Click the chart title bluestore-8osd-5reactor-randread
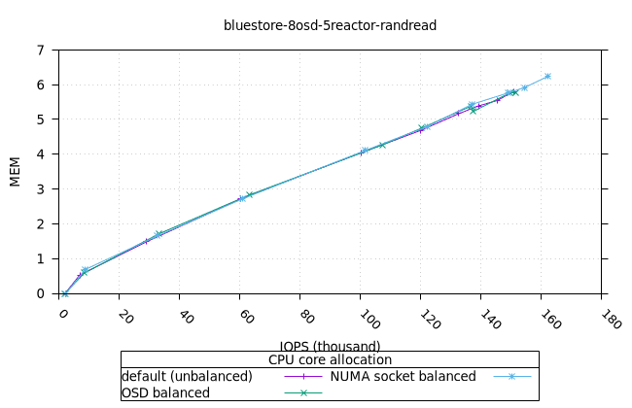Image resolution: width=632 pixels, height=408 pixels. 330,25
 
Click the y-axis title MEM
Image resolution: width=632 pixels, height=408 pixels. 15,171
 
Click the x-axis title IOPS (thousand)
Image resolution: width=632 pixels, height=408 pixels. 330,346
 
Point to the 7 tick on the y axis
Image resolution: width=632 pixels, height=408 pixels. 40,50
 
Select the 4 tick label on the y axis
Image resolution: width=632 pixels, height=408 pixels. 40,153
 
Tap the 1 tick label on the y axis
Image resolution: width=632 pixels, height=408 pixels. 40,258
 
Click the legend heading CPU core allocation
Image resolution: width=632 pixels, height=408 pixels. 330,359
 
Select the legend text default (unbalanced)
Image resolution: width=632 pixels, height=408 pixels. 187,376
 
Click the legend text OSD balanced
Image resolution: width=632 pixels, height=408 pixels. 165,392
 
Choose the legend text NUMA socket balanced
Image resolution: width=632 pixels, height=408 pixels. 403,376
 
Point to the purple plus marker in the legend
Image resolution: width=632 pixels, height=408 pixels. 303,376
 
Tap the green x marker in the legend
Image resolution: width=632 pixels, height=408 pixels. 303,392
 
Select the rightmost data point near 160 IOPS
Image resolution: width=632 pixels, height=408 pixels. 547,76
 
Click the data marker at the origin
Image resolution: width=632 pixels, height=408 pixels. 64,293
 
